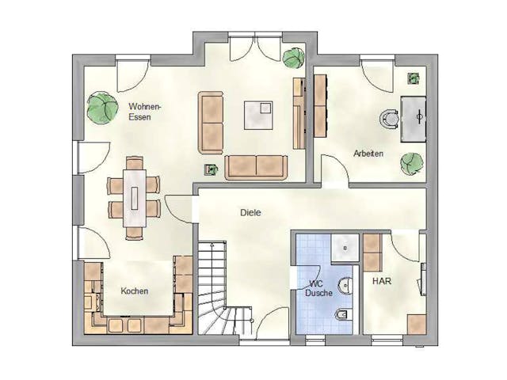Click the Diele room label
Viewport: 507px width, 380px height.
tap(250, 213)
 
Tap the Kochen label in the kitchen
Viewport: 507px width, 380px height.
tap(135, 291)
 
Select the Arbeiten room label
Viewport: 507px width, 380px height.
tap(368, 154)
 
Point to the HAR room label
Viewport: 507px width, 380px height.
tap(382, 281)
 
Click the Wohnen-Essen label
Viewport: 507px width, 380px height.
tap(144, 112)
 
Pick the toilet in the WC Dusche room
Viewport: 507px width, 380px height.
tap(341, 313)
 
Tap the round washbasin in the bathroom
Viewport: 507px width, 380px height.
tap(345, 286)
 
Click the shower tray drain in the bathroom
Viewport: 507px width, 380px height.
tap(345, 248)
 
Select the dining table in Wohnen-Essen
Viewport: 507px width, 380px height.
tap(135, 198)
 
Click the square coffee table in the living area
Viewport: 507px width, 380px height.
tap(258, 116)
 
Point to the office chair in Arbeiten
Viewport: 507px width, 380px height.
tap(390, 120)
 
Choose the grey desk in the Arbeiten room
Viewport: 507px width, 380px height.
tap(414, 120)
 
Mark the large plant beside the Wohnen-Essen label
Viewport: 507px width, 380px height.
tap(102, 108)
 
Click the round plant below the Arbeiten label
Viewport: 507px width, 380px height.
tap(412, 164)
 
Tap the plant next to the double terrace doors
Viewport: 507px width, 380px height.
tap(294, 58)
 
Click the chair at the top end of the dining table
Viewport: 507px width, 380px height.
tap(135, 163)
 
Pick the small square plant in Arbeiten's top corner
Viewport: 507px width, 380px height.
tap(414, 78)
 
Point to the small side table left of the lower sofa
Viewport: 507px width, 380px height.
tap(212, 170)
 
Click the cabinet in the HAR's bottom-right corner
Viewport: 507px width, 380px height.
tap(417, 325)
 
